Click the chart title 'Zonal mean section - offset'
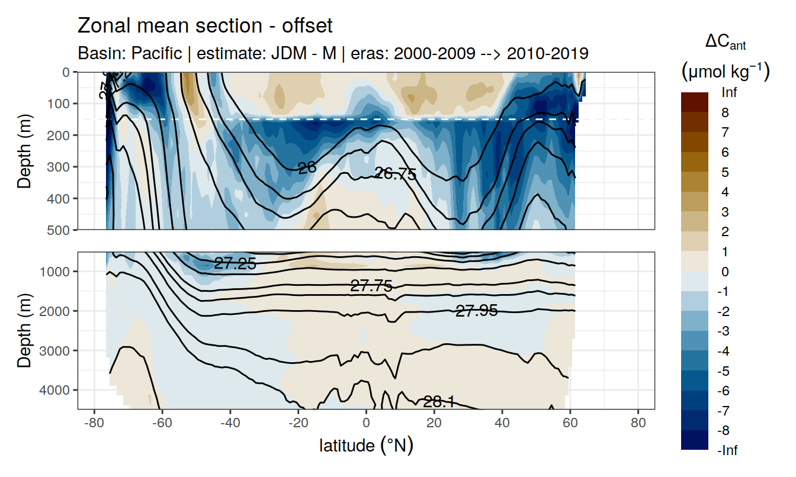click(205, 26)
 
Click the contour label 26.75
click(396, 174)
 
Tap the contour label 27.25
click(235, 264)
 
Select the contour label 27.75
click(371, 286)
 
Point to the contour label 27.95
click(476, 310)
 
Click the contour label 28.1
click(439, 402)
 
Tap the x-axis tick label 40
click(502, 424)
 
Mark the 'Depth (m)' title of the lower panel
click(24, 330)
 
